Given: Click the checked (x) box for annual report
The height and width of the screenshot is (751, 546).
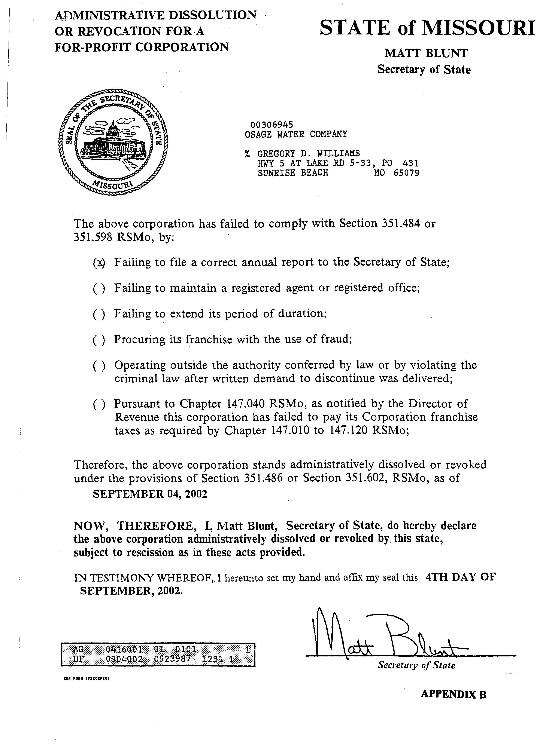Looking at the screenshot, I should (x=99, y=263).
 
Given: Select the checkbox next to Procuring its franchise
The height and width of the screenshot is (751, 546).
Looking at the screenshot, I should (x=99, y=340).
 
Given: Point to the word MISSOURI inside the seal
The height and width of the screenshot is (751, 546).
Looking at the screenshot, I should (x=113, y=186).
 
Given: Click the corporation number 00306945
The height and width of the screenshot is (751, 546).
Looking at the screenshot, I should (x=272, y=125).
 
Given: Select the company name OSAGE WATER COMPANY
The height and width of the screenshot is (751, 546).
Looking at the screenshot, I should (x=296, y=134).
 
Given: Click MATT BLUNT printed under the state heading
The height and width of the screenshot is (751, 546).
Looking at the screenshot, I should (x=426, y=53).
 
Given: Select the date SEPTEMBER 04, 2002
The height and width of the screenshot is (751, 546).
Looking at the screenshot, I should (x=150, y=494).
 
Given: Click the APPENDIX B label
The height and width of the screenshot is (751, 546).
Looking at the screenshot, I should (x=453, y=694).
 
